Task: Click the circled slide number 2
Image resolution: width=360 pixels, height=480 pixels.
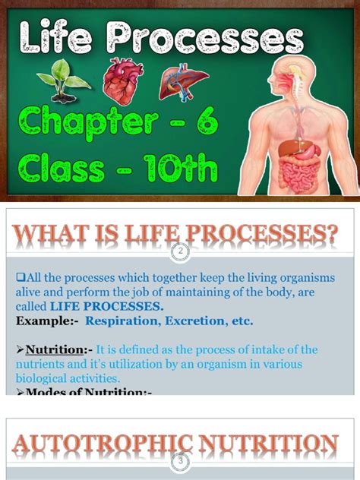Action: coord(180,250)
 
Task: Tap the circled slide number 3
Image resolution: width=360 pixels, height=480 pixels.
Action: coord(180,460)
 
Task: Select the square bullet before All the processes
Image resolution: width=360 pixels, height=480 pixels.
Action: coord(20,278)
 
